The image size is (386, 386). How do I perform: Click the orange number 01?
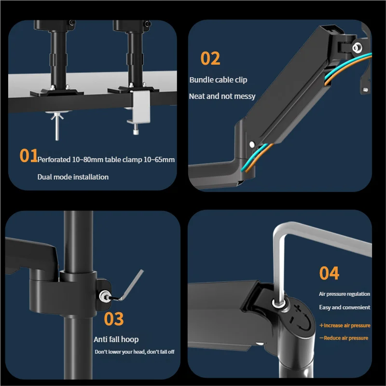pos(28,155)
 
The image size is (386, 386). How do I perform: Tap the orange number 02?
pos(210,58)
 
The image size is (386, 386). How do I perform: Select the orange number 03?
pos(114,319)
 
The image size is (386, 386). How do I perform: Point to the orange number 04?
pos(329,273)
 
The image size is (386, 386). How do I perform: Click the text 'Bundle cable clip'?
pos(218,80)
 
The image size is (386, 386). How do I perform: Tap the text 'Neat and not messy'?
pos(222,96)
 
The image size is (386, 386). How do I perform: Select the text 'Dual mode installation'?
pos(73,177)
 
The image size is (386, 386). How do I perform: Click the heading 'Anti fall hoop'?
pos(116,340)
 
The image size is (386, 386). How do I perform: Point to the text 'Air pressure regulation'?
pos(345,294)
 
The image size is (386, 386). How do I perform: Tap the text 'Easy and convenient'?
pos(345,307)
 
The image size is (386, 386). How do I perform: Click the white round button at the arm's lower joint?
pos(252,144)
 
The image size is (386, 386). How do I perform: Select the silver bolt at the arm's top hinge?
pos(357,47)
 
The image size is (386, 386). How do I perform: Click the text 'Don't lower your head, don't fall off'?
pos(135,352)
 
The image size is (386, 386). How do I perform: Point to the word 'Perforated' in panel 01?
pos(54,160)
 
